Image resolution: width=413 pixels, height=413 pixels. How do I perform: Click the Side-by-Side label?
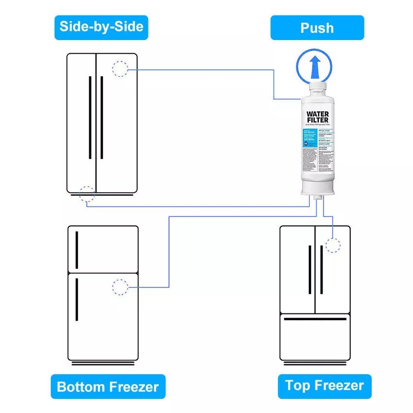click(101, 27)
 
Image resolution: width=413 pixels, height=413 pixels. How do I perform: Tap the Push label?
click(317, 28)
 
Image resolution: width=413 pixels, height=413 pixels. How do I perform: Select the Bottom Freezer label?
click(108, 386)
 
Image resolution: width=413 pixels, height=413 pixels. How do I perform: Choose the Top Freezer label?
click(324, 385)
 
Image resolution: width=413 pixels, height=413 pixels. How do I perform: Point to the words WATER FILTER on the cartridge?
click(317, 117)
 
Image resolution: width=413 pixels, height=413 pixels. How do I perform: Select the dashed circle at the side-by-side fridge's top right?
click(120, 69)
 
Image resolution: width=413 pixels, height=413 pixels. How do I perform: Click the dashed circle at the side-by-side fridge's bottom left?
click(87, 194)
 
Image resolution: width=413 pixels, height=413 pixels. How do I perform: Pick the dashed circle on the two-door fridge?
click(120, 287)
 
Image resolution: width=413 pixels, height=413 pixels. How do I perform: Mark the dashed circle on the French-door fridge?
click(333, 245)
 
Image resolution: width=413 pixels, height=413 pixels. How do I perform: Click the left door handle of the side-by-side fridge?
click(90, 117)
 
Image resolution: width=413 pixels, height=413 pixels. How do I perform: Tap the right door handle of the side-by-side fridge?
click(102, 117)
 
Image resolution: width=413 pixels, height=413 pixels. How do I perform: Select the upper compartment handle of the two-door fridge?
click(77, 250)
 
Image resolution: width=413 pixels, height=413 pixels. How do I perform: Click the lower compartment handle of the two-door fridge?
click(77, 299)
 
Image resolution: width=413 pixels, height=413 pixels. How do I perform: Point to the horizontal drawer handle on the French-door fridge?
click(315, 319)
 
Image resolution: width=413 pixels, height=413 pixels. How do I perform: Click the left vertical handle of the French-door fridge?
click(309, 270)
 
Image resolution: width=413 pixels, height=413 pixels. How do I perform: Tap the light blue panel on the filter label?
click(311, 138)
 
